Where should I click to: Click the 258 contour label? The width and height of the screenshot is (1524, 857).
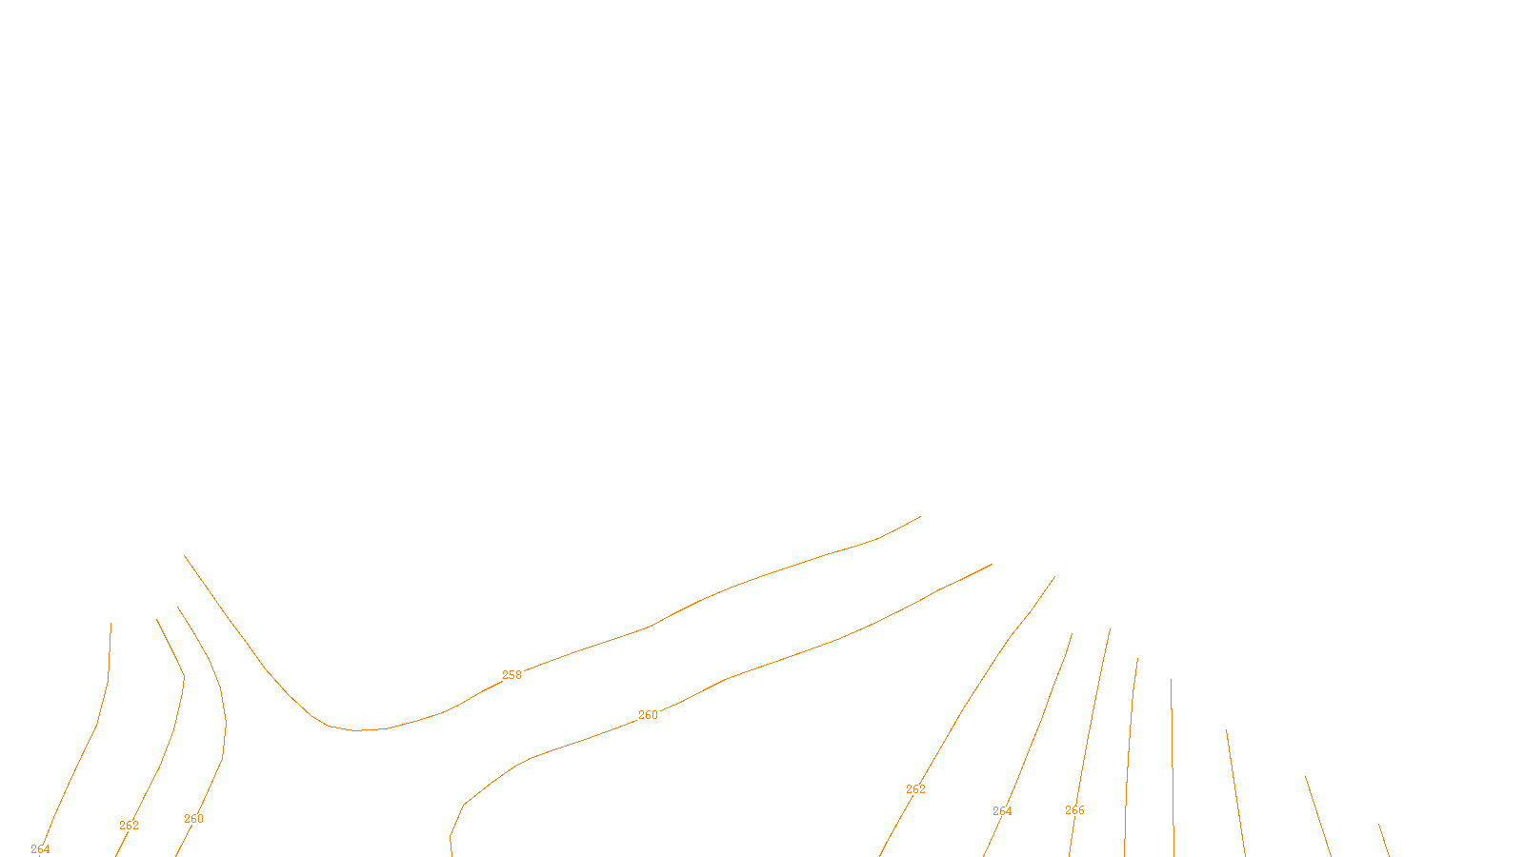click(x=511, y=675)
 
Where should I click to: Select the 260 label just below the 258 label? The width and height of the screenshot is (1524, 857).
click(x=648, y=715)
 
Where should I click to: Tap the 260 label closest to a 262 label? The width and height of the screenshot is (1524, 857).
click(x=193, y=819)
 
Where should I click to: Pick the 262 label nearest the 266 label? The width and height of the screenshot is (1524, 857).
click(x=915, y=789)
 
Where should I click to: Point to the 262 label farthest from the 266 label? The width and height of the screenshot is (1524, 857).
click(x=129, y=826)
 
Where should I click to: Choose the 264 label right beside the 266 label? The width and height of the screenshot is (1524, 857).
click(x=1002, y=811)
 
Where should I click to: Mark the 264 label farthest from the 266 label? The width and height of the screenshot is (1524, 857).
click(x=40, y=849)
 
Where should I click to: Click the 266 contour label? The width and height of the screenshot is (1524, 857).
click(x=1074, y=810)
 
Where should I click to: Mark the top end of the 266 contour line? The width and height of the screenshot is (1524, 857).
click(x=1110, y=628)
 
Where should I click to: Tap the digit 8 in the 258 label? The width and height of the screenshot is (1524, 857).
click(x=518, y=675)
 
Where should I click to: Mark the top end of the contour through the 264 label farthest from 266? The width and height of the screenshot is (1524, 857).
click(x=110, y=624)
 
